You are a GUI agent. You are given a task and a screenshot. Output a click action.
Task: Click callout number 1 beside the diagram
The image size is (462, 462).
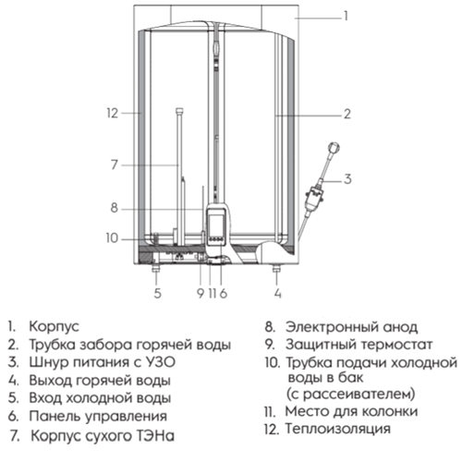pos(346,16)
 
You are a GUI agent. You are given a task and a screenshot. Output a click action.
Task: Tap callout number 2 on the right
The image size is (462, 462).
pos(347,114)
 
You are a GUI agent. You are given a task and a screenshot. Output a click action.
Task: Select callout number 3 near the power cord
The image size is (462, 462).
pos(347,179)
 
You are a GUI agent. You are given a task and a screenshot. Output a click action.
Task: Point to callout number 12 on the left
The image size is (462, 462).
pos(113,114)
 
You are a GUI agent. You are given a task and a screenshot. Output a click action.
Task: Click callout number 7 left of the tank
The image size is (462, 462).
pos(115,164)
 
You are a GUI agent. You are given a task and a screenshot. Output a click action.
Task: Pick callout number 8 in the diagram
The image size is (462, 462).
pos(115,208)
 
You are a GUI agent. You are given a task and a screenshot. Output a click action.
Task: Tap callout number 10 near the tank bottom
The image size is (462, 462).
pos(112,238)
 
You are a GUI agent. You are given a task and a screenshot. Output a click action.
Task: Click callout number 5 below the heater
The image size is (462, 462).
pos(157,293)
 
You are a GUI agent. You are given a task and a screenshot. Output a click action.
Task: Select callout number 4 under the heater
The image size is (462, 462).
pos(278,293)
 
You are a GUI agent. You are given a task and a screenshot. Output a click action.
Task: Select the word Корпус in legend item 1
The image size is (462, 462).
pos(55,327)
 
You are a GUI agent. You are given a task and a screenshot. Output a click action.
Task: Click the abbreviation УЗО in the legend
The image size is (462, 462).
pos(160,362)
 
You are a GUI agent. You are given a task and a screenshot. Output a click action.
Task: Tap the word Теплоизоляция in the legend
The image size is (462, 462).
pos(337,429)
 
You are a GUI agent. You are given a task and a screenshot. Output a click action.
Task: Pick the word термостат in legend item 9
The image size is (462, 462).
pos(397,345)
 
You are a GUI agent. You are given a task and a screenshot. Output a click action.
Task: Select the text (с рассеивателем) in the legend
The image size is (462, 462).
pos(351,394)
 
